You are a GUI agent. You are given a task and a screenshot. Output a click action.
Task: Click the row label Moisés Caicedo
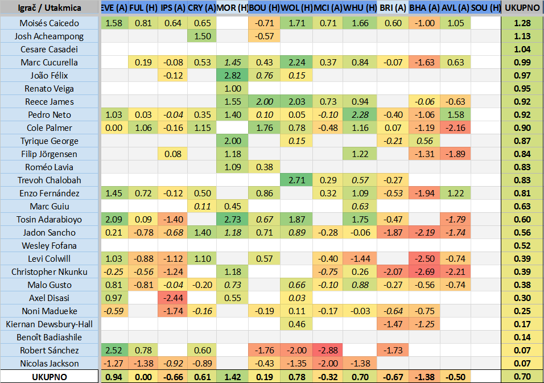click(x=50, y=23)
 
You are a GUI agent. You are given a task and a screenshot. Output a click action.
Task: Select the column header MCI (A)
click(x=328, y=9)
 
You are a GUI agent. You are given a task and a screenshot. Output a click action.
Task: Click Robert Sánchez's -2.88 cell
click(x=328, y=351)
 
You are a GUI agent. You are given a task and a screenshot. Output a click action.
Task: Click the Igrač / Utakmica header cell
click(x=50, y=9)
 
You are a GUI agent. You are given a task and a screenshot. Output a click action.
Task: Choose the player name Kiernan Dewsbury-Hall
click(x=50, y=324)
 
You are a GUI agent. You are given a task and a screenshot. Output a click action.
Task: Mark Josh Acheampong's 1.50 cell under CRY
click(x=201, y=36)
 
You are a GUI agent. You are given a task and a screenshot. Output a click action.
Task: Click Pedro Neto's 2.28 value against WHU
click(x=361, y=115)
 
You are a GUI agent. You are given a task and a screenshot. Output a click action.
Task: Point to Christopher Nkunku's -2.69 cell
click(x=424, y=272)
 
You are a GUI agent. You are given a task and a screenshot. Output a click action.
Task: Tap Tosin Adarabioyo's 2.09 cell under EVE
click(x=113, y=220)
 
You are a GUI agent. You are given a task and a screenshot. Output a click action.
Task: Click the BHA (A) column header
click(x=424, y=9)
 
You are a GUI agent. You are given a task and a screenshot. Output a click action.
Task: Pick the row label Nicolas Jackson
click(x=50, y=364)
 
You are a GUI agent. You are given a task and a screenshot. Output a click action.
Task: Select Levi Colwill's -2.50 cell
click(x=424, y=259)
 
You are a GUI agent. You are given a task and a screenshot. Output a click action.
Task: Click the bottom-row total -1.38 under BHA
click(x=424, y=377)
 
